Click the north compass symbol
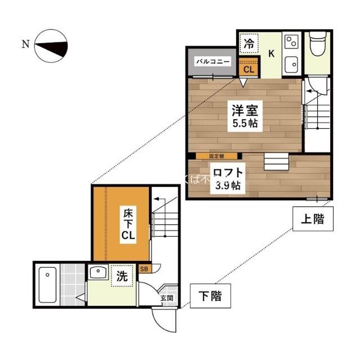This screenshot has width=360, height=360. (52, 46)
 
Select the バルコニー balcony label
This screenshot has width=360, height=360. (212, 61)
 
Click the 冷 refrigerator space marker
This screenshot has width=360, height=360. (249, 43)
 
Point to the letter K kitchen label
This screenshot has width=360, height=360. (271, 54)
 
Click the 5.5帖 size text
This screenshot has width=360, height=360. (243, 123)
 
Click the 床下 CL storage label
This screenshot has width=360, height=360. (128, 224)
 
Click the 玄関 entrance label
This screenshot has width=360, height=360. (167, 299)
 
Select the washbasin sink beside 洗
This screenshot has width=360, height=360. (99, 274)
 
